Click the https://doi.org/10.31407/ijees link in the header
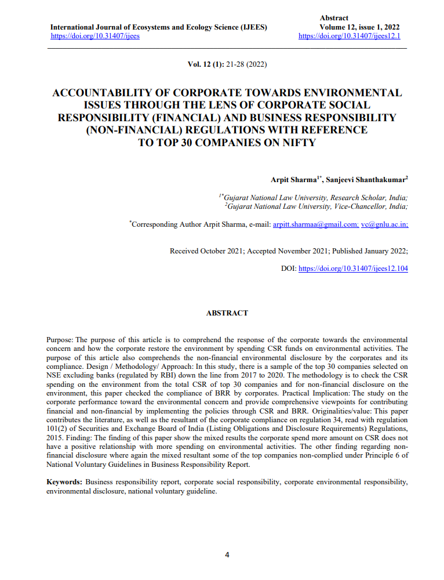(x=95, y=36)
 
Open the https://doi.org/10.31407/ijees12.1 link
(x=349, y=36)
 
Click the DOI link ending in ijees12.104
(x=352, y=269)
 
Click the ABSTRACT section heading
(x=227, y=313)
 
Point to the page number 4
(x=227, y=554)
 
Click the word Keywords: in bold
(x=64, y=482)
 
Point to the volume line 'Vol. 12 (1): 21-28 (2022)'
(x=227, y=64)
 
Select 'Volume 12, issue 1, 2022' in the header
(x=359, y=27)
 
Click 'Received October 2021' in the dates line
(x=206, y=251)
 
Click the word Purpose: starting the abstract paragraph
(x=60, y=339)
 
